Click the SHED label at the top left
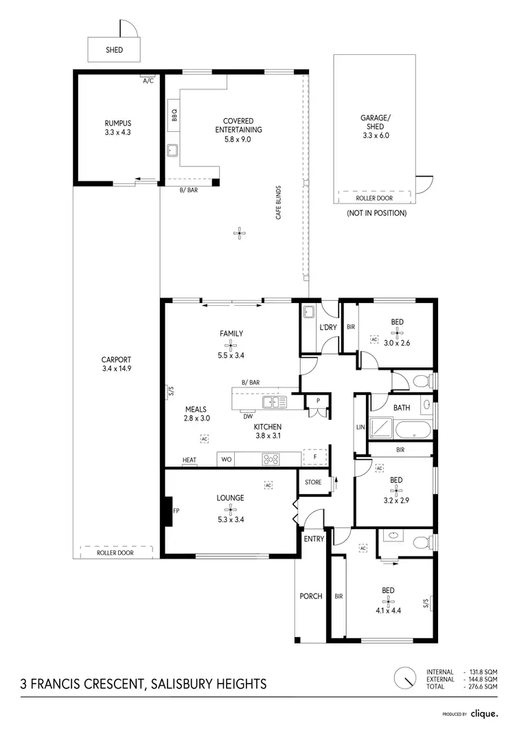(x=113, y=50)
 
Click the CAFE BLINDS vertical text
(x=279, y=202)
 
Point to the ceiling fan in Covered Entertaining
(x=238, y=234)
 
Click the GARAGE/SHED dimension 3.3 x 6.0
(x=375, y=135)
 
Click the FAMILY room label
(x=231, y=334)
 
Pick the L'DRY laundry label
(x=328, y=328)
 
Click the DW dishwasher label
(x=247, y=416)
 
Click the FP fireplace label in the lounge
(x=176, y=511)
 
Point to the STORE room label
(x=313, y=482)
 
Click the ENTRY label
(x=314, y=539)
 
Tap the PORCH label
(x=311, y=596)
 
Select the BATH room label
(x=401, y=407)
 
